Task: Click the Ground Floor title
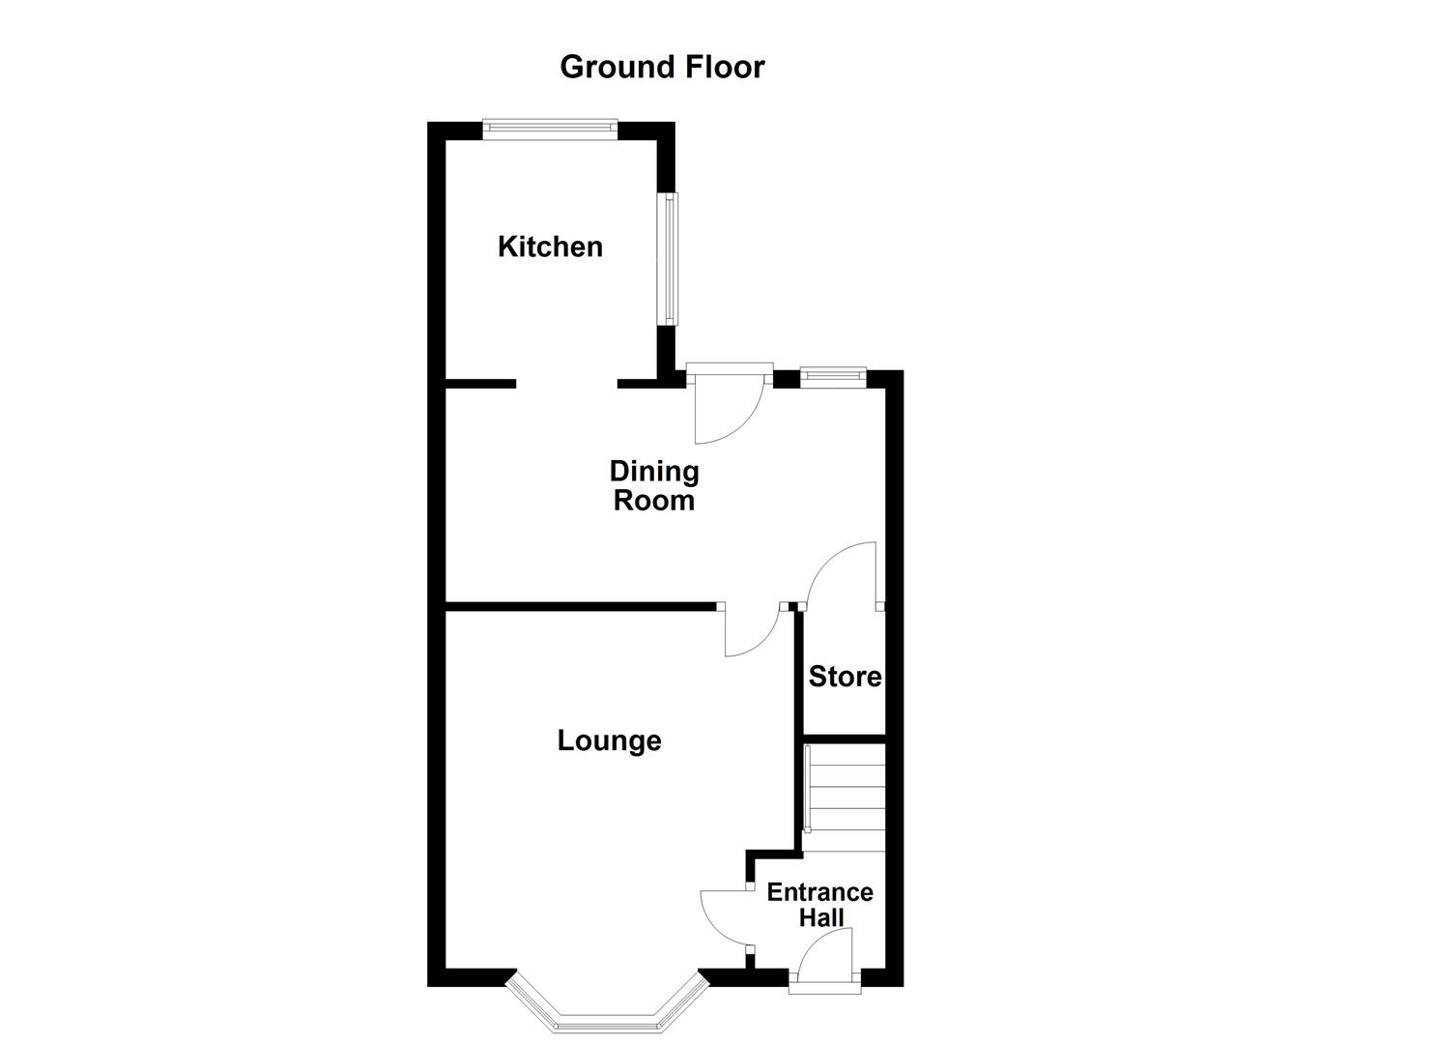[662, 67]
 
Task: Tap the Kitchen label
[550, 246]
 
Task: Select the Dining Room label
[654, 485]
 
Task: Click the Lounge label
[609, 740]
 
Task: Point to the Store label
[845, 677]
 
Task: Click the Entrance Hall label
[820, 905]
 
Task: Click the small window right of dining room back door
[833, 376]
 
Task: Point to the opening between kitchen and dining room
[566, 384]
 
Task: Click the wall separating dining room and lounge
[580, 606]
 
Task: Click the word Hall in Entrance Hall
[821, 917]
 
